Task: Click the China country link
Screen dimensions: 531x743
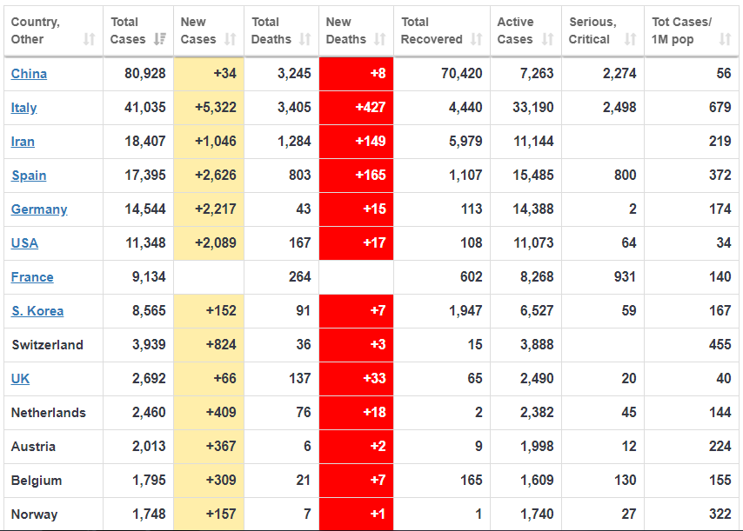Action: point(29,74)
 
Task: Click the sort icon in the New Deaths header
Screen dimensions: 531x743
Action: point(379,39)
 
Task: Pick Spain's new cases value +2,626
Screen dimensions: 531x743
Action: point(209,176)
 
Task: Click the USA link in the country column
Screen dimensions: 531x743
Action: point(24,243)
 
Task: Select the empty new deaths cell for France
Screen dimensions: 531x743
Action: point(357,277)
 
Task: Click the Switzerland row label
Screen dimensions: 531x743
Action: point(47,345)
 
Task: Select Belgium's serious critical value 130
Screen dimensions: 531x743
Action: point(624,481)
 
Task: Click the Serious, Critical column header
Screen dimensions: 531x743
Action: point(592,30)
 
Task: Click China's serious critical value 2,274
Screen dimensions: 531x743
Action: point(619,74)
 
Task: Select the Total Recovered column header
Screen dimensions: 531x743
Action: point(432,30)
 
